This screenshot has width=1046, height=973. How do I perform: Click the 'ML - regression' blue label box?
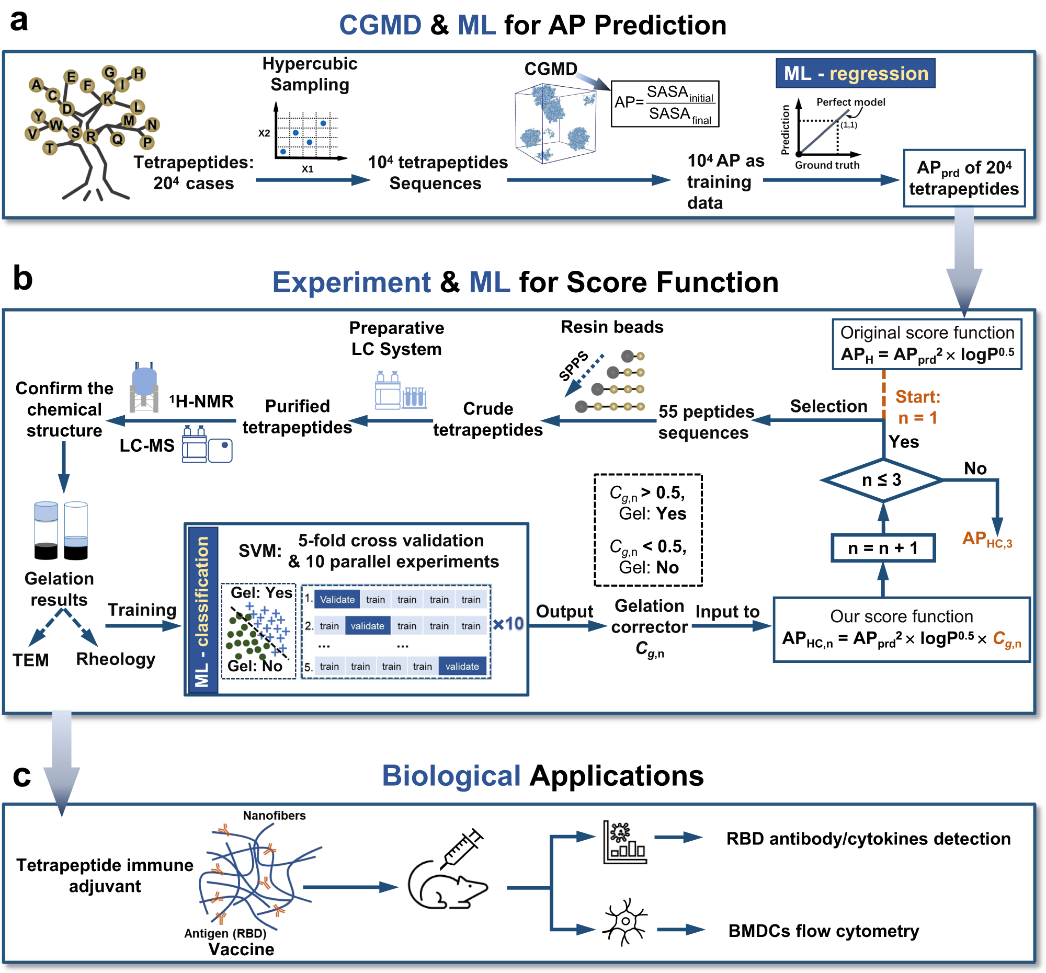(855, 73)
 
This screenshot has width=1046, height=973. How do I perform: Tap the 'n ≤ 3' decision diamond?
(882, 479)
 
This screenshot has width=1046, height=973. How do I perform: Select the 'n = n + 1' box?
(883, 548)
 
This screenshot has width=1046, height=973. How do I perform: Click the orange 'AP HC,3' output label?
(987, 539)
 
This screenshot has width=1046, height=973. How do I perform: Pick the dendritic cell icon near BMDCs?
(625, 922)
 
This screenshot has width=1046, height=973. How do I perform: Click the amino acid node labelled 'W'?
(56, 125)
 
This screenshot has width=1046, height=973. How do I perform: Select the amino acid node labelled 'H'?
(139, 74)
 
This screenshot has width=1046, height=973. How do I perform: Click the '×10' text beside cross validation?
(508, 624)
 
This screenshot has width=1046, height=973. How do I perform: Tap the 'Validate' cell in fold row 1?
(337, 600)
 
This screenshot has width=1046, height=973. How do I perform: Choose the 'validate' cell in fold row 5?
(462, 667)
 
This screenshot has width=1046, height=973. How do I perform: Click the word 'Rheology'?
(116, 659)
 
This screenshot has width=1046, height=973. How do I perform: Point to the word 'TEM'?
(31, 660)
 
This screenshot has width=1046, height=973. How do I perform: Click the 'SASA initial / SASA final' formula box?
(665, 104)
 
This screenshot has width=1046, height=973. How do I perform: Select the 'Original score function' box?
(927, 344)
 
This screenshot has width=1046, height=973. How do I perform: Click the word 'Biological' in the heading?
(451, 776)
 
